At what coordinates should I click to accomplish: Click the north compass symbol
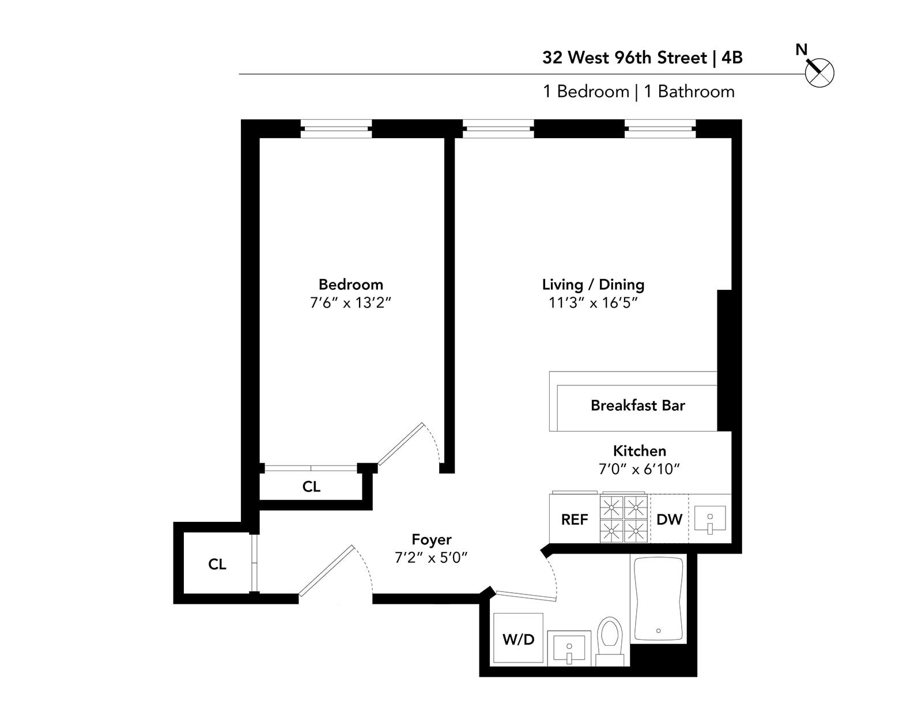coord(819,73)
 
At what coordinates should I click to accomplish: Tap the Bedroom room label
coord(350,285)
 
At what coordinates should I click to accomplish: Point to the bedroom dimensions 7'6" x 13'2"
coord(350,303)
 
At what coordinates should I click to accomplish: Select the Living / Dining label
coord(593,285)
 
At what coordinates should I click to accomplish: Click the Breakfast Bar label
coord(637,406)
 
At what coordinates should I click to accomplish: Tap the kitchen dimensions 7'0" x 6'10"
coord(639,469)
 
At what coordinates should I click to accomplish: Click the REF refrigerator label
coord(575,520)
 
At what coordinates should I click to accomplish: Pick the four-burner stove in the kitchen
coord(624,518)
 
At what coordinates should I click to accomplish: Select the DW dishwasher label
coord(669,520)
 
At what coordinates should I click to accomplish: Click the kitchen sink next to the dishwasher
coord(709,520)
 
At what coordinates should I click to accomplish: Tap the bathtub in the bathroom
coord(658,599)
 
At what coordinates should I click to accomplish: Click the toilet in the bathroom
coord(609,638)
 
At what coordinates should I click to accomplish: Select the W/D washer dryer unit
coord(518,638)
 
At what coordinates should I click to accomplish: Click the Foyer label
coord(431,540)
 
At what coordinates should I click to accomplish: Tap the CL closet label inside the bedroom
coord(311,487)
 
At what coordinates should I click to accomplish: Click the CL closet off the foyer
coord(217,565)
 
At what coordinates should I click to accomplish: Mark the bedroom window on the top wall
coord(336,129)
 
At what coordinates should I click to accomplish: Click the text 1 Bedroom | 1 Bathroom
coord(638,92)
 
